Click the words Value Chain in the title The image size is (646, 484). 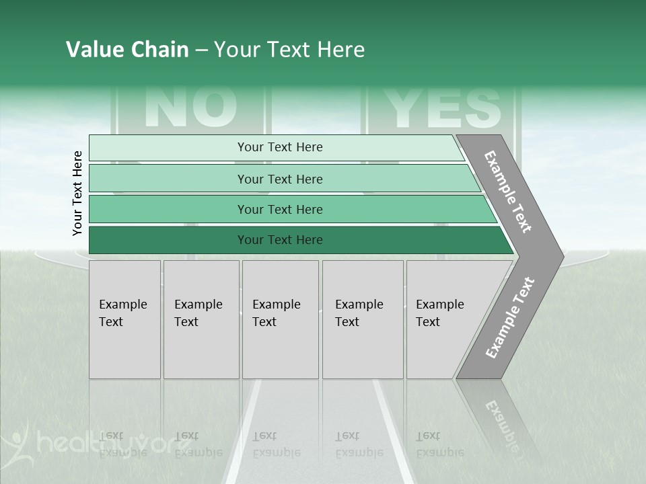(x=127, y=50)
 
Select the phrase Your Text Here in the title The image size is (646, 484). (x=289, y=50)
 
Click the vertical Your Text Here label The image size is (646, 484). (x=77, y=193)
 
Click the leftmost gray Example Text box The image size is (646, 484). (x=124, y=319)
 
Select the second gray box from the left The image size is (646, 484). (x=201, y=319)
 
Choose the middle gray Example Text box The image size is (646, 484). (x=280, y=319)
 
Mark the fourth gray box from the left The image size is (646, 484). (x=363, y=319)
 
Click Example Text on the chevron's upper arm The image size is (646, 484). (x=508, y=192)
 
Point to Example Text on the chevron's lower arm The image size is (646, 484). (x=509, y=317)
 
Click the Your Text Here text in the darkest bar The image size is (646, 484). (x=280, y=240)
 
